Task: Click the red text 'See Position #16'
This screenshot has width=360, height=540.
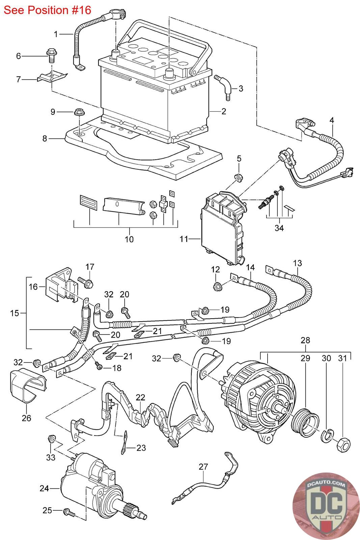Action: click(48, 10)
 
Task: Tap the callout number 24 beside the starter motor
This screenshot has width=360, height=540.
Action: click(44, 488)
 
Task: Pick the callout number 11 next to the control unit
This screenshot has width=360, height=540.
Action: click(184, 239)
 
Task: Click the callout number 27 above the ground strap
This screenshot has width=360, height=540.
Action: click(203, 467)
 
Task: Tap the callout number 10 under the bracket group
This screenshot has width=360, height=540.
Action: click(129, 239)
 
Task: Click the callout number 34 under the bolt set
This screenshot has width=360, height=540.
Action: click(279, 228)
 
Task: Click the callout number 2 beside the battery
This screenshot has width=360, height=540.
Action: click(224, 111)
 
